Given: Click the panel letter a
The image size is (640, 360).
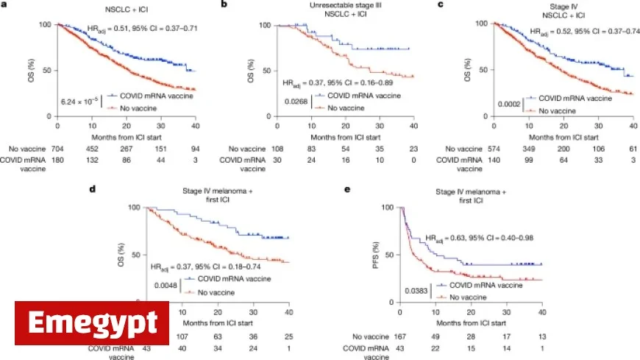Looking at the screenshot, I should click(x=4, y=5).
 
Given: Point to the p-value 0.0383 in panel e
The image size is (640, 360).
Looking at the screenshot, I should click(x=418, y=292).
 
